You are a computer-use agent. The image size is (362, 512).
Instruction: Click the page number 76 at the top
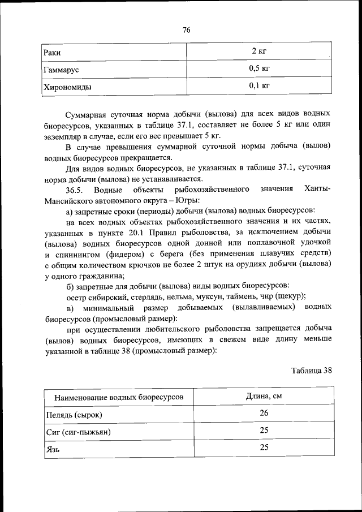click(x=186, y=31)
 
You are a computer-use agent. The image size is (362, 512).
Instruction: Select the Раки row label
click(x=53, y=53)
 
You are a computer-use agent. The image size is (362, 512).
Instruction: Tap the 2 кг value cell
click(x=259, y=52)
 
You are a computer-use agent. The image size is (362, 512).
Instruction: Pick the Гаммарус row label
click(x=61, y=70)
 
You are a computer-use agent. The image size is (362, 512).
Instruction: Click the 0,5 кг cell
click(x=259, y=69)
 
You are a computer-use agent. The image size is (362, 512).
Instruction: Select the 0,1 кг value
click(x=259, y=86)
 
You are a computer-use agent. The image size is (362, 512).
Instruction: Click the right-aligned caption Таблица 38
click(x=311, y=371)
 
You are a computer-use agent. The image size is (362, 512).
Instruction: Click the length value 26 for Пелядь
click(x=264, y=413)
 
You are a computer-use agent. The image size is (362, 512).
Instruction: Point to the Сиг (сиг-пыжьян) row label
click(x=76, y=432)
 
